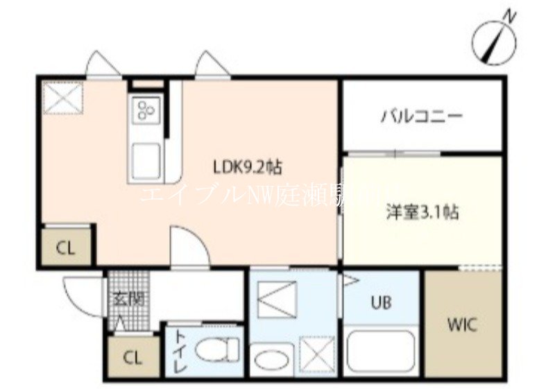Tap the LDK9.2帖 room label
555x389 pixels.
tap(246, 166)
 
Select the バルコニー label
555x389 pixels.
tap(420, 116)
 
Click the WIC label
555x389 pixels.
tap(461, 324)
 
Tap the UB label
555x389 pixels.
tap(380, 302)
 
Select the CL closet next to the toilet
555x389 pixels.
tap(133, 358)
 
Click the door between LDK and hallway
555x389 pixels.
tap(189, 248)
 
